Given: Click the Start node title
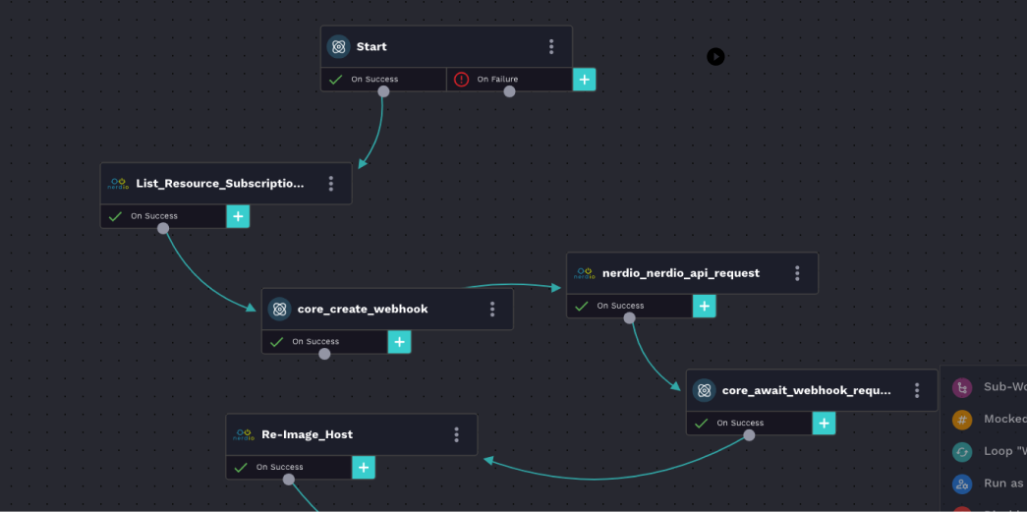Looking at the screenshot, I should pyautogui.click(x=371, y=46).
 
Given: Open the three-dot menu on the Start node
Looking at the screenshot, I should pyautogui.click(x=551, y=46).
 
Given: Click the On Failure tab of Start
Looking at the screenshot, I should pyautogui.click(x=497, y=80).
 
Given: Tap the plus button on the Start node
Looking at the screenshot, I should pyautogui.click(x=585, y=80).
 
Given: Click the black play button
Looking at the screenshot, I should pyautogui.click(x=715, y=57).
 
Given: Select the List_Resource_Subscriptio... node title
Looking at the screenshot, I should pyautogui.click(x=220, y=183).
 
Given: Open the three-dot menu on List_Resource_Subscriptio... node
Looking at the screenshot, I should pyautogui.click(x=331, y=184).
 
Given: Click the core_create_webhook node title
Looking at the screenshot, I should pyautogui.click(x=363, y=309).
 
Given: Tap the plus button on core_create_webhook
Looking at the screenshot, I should pyautogui.click(x=400, y=342).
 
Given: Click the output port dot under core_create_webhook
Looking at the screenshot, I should pyautogui.click(x=324, y=354).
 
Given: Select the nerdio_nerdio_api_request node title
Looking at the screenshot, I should pyautogui.click(x=680, y=273).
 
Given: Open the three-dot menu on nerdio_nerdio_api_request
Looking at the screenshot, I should pyautogui.click(x=797, y=273).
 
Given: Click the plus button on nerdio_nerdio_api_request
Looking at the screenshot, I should pyautogui.click(x=705, y=306).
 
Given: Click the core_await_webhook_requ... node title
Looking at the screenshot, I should pyautogui.click(x=806, y=390).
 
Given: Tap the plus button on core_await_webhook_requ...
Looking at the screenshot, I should pyautogui.click(x=825, y=424).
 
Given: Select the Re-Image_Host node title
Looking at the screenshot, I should pyautogui.click(x=307, y=434).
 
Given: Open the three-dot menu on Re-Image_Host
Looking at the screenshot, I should pyautogui.click(x=457, y=434).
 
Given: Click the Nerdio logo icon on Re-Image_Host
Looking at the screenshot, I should pyautogui.click(x=244, y=434).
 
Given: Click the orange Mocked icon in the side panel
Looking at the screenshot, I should pyautogui.click(x=962, y=419).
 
